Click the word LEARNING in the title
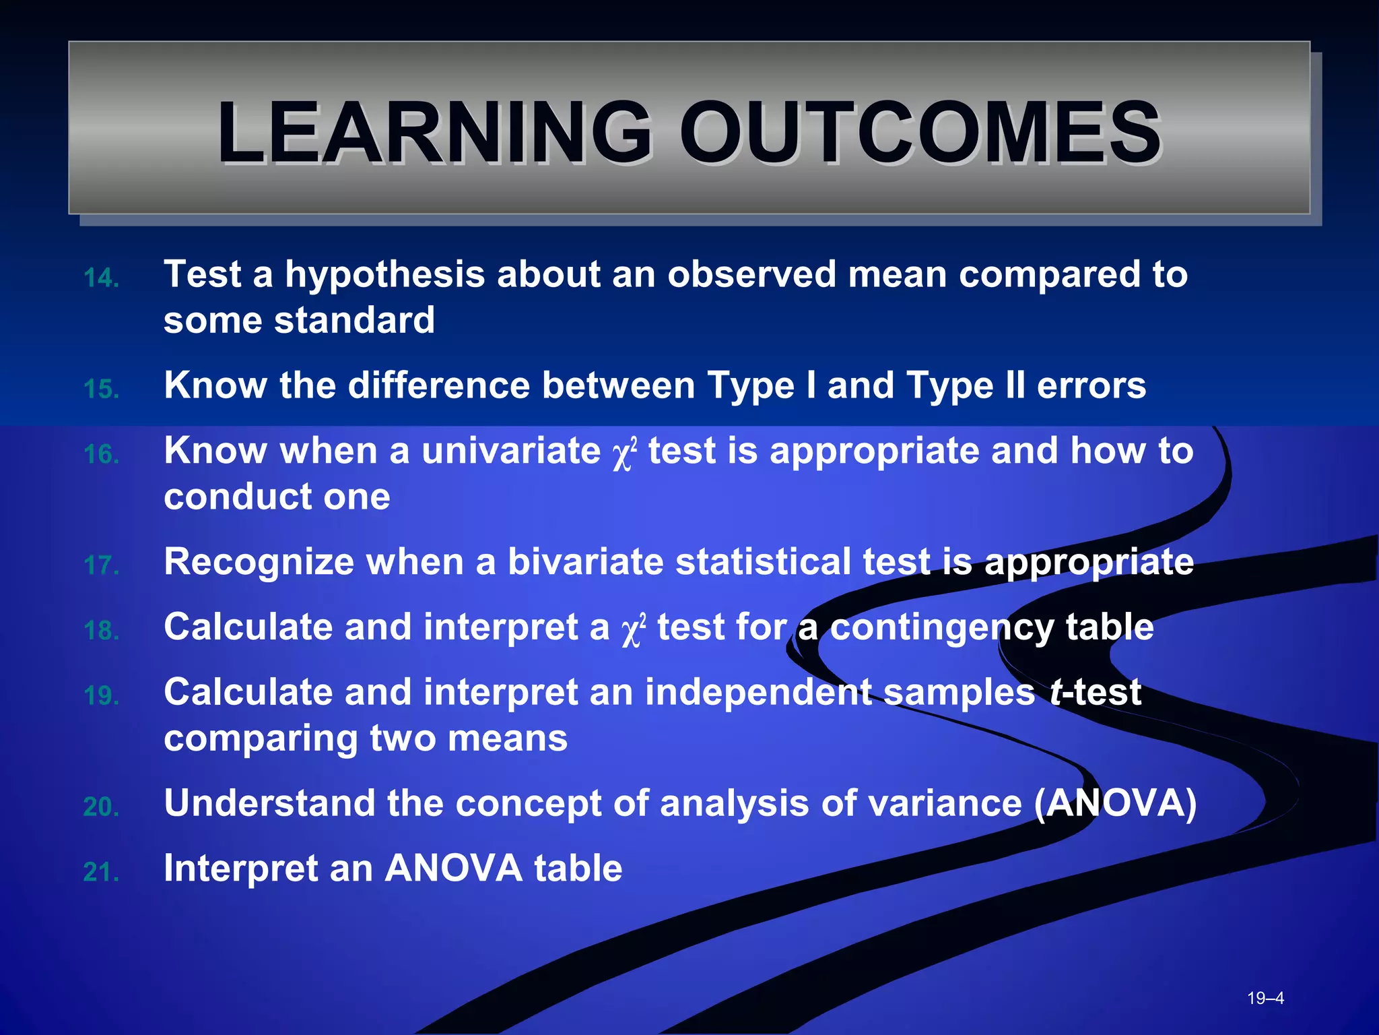434,132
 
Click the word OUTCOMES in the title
920,132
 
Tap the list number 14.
101,278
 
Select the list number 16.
101,455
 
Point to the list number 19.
101,696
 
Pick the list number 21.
101,873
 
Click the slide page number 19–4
1265,998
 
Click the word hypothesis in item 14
384,275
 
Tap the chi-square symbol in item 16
624,455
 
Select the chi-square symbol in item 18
633,631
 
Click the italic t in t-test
1055,693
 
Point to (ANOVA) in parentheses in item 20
1115,803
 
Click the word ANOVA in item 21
453,868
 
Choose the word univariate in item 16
511,451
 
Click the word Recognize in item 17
259,562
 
